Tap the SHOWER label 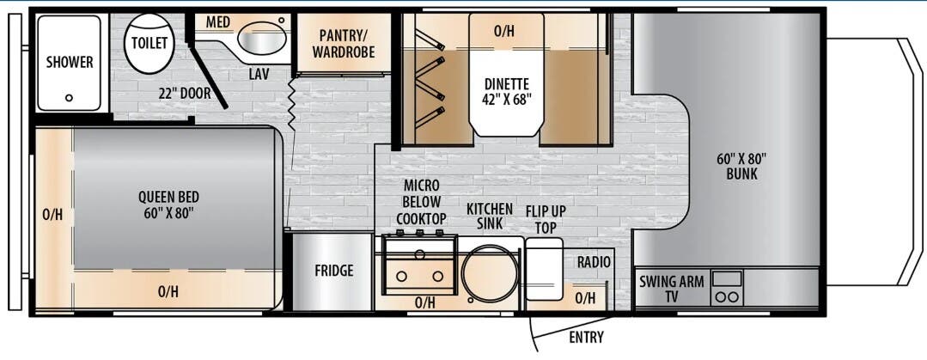[70, 62]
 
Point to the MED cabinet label [217, 21]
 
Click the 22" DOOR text [184, 92]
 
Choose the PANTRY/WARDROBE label [343, 43]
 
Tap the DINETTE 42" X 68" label [506, 91]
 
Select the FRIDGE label [333, 271]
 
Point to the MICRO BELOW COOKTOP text [422, 202]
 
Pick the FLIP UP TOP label [546, 219]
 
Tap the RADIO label [594, 262]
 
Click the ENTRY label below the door [586, 337]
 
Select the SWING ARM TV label [673, 289]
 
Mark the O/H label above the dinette [503, 32]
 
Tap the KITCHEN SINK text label [490, 216]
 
